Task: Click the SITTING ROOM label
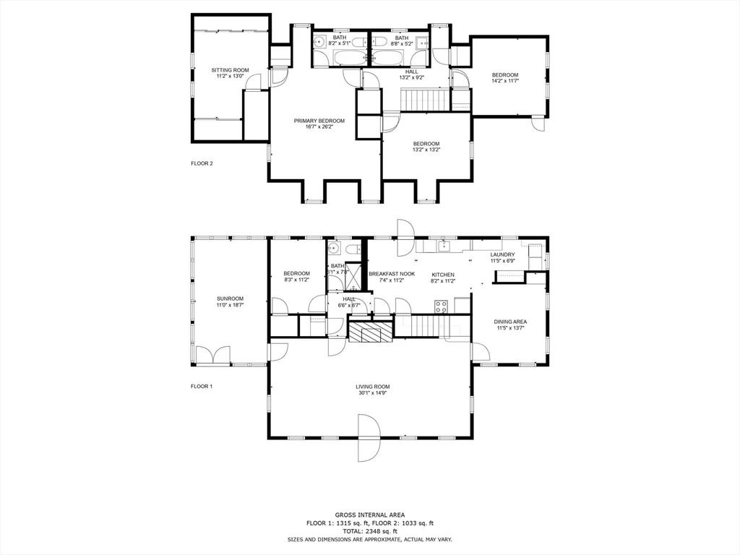coord(230,70)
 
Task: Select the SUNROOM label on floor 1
coord(230,298)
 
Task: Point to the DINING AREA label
coord(509,322)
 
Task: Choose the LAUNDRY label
coord(502,254)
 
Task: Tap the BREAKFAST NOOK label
coord(392,274)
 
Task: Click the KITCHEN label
coord(443,274)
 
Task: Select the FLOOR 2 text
coord(202,163)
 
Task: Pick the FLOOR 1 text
coord(202,387)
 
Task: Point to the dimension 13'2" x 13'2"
coord(426,150)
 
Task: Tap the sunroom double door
coord(215,355)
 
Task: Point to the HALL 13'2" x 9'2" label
coord(411,74)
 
